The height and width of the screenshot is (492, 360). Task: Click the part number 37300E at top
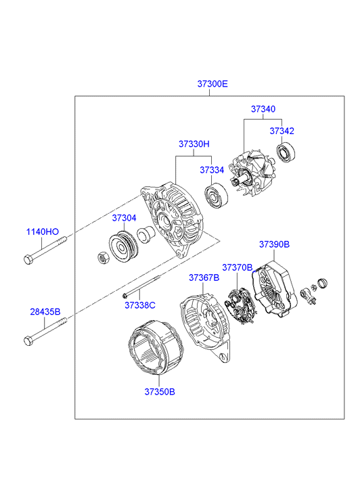click(x=212, y=84)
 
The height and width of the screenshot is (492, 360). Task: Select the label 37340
click(x=263, y=109)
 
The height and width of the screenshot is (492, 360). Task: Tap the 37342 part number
click(x=282, y=131)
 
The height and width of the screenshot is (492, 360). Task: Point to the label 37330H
click(x=194, y=144)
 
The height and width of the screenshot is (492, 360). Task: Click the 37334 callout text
click(x=212, y=170)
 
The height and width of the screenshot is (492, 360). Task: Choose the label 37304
click(x=125, y=218)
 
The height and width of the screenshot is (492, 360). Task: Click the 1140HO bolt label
click(x=43, y=232)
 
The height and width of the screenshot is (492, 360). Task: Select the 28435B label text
click(x=45, y=312)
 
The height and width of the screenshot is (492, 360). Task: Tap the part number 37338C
click(x=140, y=305)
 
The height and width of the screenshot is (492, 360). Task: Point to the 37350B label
click(x=160, y=392)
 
